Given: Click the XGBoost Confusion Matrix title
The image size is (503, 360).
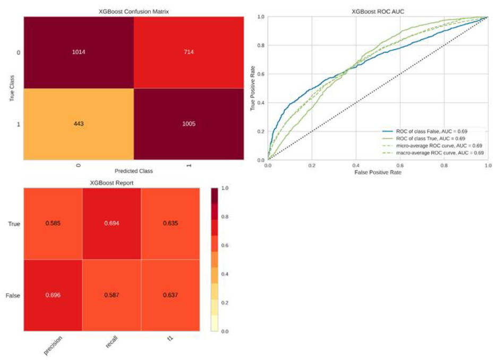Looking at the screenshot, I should pyautogui.click(x=134, y=11).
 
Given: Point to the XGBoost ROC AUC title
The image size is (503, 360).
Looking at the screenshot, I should pyautogui.click(x=378, y=11).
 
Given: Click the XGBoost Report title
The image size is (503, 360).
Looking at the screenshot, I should pyautogui.click(x=112, y=182).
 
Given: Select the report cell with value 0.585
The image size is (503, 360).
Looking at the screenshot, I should pyautogui.click(x=53, y=224).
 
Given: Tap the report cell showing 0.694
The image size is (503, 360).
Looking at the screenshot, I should pyautogui.click(x=112, y=224).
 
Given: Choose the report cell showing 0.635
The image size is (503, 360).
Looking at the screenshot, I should pyautogui.click(x=170, y=224).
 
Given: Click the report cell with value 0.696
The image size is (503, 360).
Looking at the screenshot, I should pyautogui.click(x=53, y=295).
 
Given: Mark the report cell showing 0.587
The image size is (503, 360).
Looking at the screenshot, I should pyautogui.click(x=112, y=295).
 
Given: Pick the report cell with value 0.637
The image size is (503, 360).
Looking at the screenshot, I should pyautogui.click(x=170, y=295).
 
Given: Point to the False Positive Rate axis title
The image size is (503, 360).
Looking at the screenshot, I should pyautogui.click(x=378, y=173).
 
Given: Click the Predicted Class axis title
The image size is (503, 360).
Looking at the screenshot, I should pyautogui.click(x=134, y=172).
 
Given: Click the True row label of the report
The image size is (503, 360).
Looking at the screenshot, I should pyautogui.click(x=14, y=224).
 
